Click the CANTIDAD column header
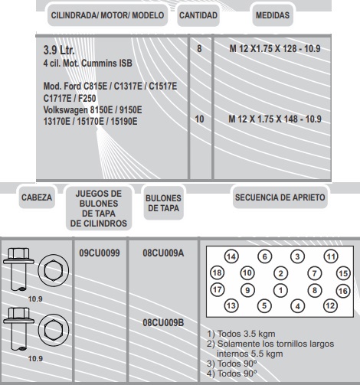coord(198,15)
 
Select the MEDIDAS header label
coord(273,15)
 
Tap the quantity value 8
coord(199,48)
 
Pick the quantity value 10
coord(199,119)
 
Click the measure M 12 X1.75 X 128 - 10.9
coord(275,48)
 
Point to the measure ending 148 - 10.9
coord(275,119)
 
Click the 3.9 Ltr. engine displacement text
coord(59,50)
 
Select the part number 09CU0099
coord(100,253)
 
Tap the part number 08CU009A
coord(163,253)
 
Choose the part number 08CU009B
coord(163,322)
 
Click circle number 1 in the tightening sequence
coord(280,290)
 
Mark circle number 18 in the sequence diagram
coord(218,272)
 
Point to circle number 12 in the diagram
coord(330,305)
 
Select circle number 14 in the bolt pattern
coord(231,256)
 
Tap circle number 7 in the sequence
coord(314,273)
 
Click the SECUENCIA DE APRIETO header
coord(280,197)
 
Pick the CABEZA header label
coord(37,197)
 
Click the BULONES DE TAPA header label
coord(163,203)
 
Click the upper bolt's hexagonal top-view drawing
coord(54,270)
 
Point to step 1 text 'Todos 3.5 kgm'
coord(241,334)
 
